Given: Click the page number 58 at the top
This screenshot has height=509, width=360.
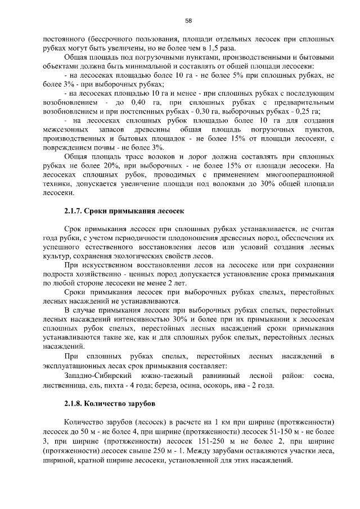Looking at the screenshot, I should point(189,21).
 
